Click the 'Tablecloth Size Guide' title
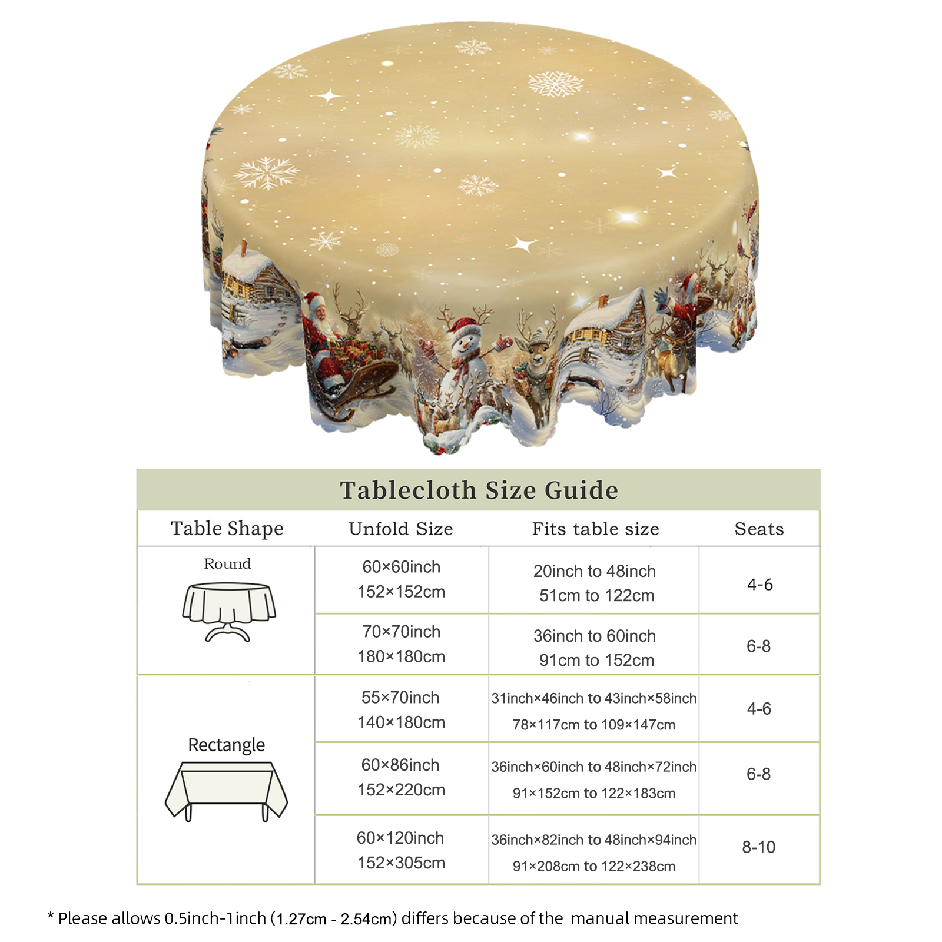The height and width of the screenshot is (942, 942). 479,490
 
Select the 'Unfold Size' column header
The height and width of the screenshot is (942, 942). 401,529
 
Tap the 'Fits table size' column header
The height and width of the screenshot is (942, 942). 596,529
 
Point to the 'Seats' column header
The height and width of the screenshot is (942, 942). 759,529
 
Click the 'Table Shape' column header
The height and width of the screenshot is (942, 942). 227,529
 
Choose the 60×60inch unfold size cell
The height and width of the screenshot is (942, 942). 402,579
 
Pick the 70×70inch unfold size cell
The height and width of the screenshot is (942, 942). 402,644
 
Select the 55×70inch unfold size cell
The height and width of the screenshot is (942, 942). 401,709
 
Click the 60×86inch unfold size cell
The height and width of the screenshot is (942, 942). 401,777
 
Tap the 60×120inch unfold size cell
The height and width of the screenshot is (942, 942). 401,850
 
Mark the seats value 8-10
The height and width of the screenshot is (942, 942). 759,847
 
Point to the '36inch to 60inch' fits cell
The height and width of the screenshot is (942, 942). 595,648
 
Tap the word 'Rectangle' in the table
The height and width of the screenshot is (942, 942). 227,745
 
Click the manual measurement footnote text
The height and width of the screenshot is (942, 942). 392,918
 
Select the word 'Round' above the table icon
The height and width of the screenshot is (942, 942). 227,564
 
